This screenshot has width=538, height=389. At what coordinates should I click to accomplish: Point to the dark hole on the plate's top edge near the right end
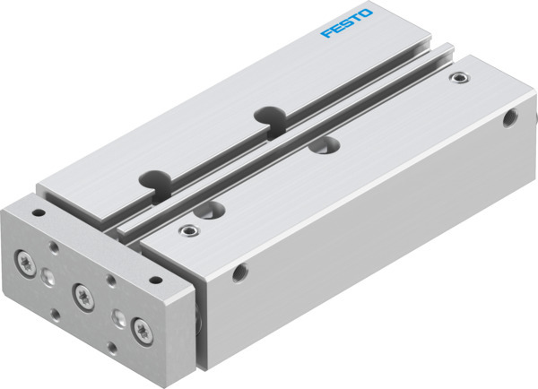pyautogui.click(x=154, y=277)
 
